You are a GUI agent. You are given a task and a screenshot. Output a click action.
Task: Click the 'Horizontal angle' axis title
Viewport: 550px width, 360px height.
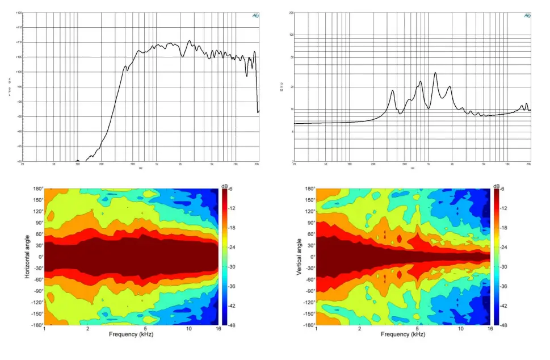click(x=27, y=257)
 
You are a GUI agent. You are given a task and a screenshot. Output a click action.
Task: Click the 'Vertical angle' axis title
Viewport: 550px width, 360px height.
click(x=299, y=257)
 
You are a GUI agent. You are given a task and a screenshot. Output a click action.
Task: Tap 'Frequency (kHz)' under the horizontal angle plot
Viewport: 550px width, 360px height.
click(x=132, y=335)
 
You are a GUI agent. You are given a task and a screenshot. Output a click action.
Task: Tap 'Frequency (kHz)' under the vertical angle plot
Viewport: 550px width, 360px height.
click(x=403, y=335)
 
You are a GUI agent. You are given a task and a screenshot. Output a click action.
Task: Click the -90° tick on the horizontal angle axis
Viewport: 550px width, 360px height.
click(x=37, y=291)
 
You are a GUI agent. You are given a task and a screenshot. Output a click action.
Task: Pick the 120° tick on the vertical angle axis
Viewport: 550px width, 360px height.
click(x=309, y=211)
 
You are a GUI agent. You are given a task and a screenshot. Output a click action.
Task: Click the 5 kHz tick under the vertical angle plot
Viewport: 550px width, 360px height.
click(x=417, y=329)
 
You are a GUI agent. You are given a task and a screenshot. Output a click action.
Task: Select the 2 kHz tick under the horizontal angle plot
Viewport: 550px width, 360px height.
click(x=88, y=329)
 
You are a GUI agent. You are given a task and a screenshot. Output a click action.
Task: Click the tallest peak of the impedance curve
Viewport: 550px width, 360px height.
click(x=435, y=73)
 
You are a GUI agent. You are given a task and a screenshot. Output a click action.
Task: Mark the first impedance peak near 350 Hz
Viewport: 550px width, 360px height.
click(x=392, y=91)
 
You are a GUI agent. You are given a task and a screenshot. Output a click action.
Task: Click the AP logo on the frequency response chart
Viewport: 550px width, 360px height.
click(x=255, y=16)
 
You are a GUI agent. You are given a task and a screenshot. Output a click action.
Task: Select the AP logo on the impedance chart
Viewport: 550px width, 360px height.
click(x=527, y=16)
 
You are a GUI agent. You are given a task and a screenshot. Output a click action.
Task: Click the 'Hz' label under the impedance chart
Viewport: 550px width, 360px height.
click(x=412, y=168)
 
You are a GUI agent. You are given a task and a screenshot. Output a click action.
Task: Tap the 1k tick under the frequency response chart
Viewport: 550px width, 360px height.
click(x=157, y=164)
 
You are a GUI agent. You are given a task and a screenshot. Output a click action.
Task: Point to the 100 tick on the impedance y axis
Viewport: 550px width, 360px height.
click(x=291, y=35)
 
